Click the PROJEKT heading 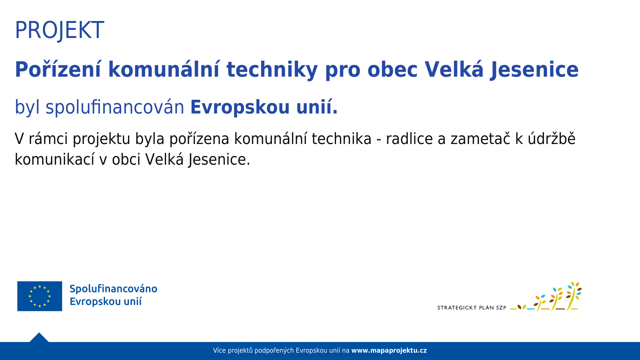(59, 30)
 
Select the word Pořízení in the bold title (58, 70)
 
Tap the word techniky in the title (272, 70)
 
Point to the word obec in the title (392, 70)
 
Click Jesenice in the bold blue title (534, 70)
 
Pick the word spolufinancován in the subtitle (115, 107)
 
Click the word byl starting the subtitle (27, 107)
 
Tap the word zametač (480, 139)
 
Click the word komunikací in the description (55, 159)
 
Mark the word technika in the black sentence (342, 139)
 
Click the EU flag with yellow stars (40, 296)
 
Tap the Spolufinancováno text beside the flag (113, 289)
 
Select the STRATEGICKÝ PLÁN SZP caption (472, 308)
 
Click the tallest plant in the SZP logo (573, 296)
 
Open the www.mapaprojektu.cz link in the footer (389, 351)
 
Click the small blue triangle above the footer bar (39, 337)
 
